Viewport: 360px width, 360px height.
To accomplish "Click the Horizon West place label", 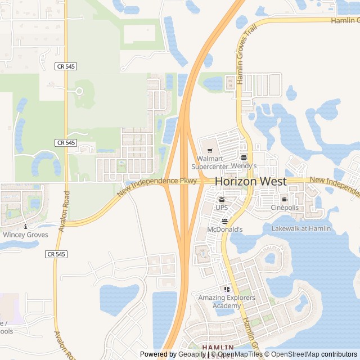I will click(x=250, y=182).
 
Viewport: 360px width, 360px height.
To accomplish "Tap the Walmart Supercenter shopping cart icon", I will click(x=209, y=150).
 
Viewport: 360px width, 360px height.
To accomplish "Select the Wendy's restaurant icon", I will click(x=244, y=157).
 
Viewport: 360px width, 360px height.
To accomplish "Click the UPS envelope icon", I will click(x=222, y=199).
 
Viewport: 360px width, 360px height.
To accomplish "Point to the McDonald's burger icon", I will click(x=224, y=220).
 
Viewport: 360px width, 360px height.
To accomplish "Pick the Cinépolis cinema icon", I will click(x=285, y=199).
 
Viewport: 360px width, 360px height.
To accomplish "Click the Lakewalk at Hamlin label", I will click(x=301, y=228).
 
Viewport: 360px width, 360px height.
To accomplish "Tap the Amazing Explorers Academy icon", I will click(x=227, y=289).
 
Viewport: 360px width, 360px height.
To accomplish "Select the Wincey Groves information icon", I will click(x=25, y=226).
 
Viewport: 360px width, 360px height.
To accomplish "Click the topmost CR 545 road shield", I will click(x=66, y=66).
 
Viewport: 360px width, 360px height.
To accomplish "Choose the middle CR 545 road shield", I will click(x=66, y=143).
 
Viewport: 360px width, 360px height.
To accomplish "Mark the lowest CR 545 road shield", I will click(x=56, y=254).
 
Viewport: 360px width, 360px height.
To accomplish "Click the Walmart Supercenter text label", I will click(x=209, y=163).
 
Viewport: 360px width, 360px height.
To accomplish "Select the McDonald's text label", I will click(x=225, y=229).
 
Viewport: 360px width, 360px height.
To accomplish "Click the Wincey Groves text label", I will click(x=25, y=235).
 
